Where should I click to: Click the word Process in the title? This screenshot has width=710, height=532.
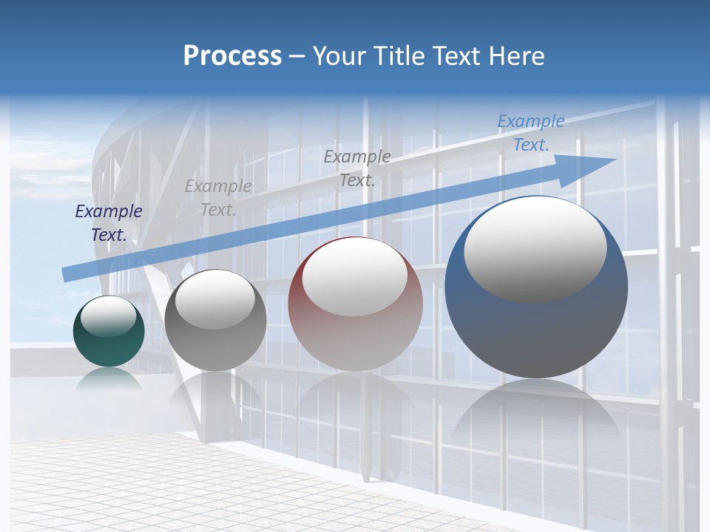click(232, 56)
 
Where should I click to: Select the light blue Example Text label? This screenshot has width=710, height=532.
click(530, 133)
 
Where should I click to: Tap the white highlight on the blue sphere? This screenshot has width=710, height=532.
click(535, 248)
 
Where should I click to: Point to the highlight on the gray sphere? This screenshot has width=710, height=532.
click(214, 299)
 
